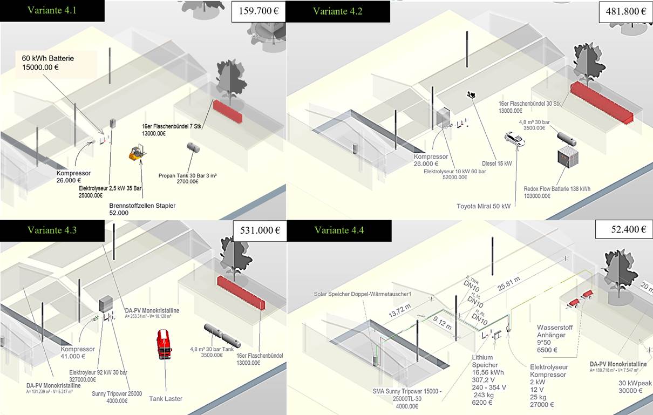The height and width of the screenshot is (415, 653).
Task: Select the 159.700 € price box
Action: [x=258, y=11]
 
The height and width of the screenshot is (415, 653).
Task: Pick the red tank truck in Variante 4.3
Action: [x=164, y=344]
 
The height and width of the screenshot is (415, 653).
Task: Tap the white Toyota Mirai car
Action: [x=514, y=139]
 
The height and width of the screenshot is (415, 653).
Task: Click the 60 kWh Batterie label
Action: [x=48, y=63]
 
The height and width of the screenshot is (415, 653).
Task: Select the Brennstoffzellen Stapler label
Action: [x=142, y=209]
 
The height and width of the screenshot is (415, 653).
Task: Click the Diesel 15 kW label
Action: [x=496, y=164]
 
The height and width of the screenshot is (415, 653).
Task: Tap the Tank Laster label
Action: [x=166, y=398]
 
